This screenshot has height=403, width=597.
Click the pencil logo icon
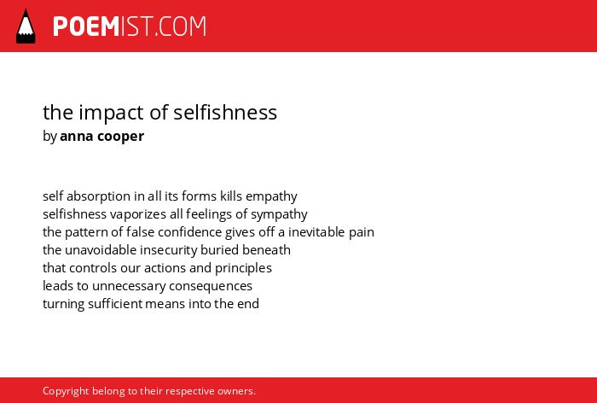pos(26,26)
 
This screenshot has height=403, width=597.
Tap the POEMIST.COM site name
pos(130,26)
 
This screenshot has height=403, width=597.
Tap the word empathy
pos(271,196)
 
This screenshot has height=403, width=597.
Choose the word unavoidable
pos(101,250)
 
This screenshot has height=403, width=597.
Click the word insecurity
pos(169,250)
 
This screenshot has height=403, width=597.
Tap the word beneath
pos(266,250)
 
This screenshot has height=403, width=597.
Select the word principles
pos(243,268)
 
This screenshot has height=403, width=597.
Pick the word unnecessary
pos(129,287)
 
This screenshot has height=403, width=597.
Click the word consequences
pos(211,287)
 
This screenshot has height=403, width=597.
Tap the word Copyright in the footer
pos(66,392)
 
